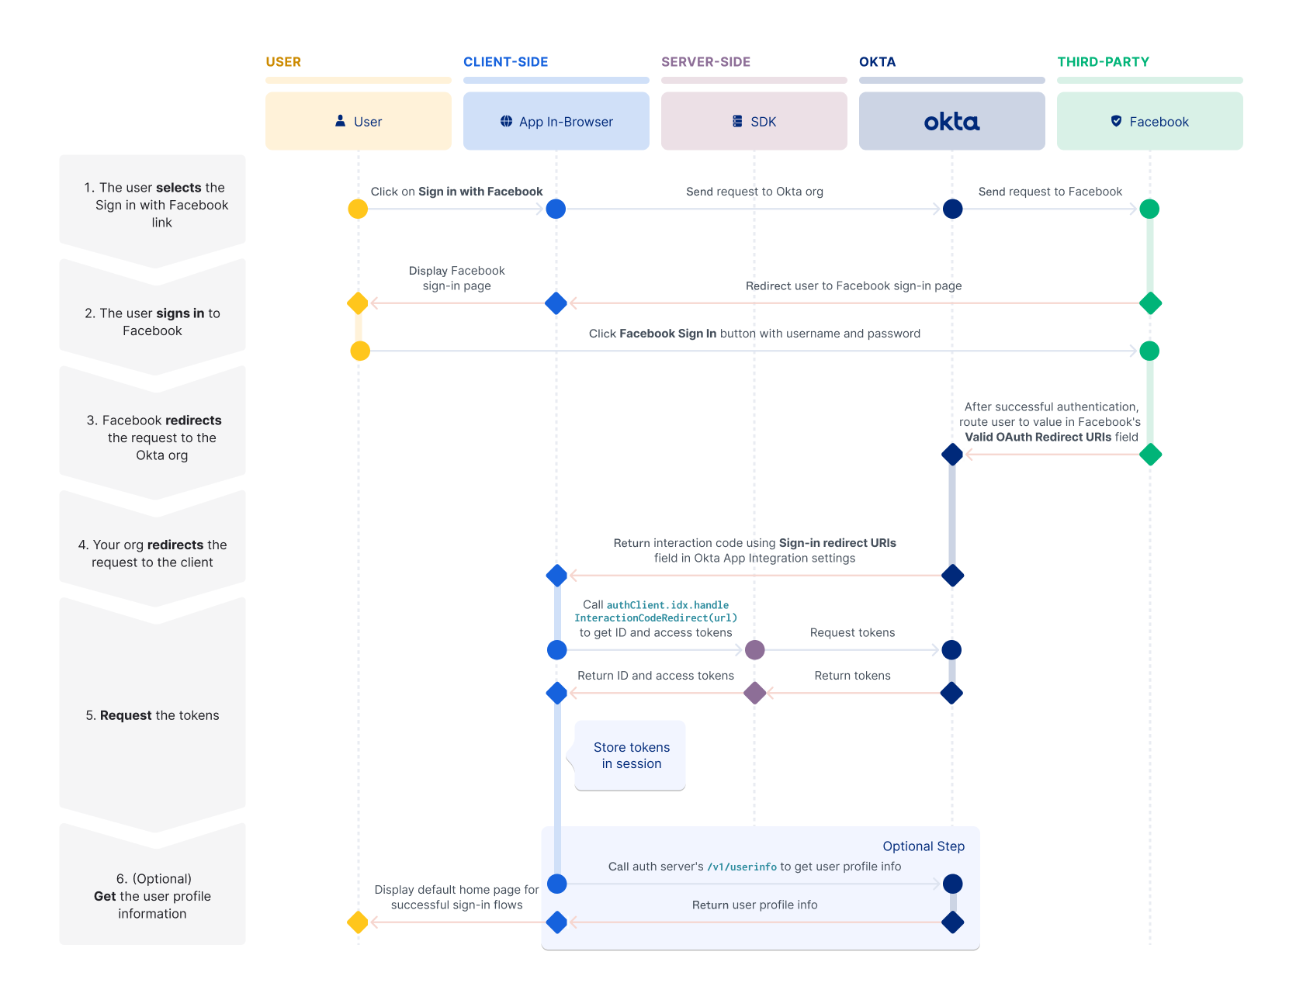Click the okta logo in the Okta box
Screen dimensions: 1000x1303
[951, 122]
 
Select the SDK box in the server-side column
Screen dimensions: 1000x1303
[754, 122]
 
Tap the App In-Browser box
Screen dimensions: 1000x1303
[556, 122]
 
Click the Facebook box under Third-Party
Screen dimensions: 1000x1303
[1149, 122]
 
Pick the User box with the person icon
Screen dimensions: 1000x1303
[358, 122]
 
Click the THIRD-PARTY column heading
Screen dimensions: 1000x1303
[1103, 62]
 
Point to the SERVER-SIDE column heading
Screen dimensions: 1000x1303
[705, 62]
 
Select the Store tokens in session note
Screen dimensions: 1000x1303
[631, 756]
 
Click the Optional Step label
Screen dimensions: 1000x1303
[923, 846]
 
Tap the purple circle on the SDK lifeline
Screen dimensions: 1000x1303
[754, 650]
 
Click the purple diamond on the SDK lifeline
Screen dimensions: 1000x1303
[754, 693]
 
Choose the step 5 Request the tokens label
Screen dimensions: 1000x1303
[152, 715]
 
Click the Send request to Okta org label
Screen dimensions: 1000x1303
[754, 192]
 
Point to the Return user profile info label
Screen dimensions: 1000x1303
[754, 905]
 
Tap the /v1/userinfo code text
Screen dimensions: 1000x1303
[741, 867]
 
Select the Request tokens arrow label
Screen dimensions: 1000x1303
[852, 633]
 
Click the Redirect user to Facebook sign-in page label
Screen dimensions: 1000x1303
[854, 286]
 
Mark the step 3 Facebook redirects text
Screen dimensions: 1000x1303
[161, 438]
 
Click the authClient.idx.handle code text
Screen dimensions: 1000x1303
[667, 605]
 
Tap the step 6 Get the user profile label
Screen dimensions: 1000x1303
[152, 896]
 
